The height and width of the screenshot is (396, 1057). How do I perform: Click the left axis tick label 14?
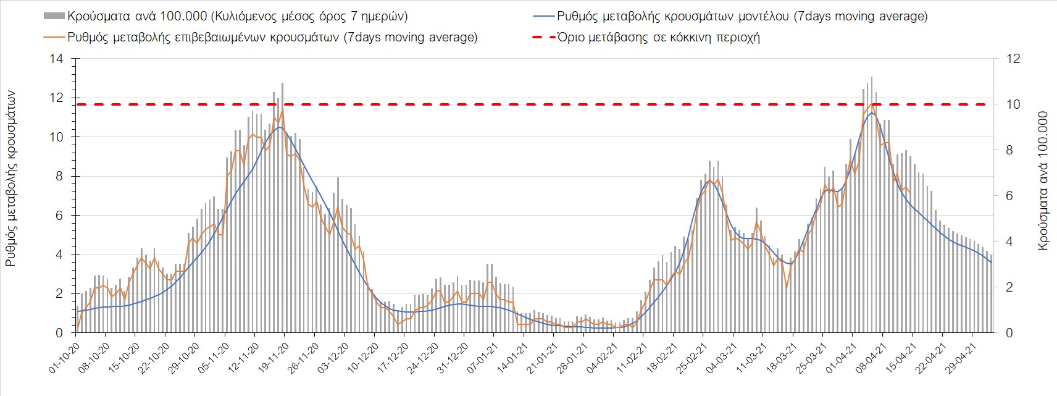click(57, 59)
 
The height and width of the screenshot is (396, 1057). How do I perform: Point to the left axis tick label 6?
click(59, 216)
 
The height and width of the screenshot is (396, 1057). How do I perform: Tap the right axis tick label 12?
click(1014, 59)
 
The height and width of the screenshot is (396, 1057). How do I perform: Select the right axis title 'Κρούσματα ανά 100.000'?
click(1043, 181)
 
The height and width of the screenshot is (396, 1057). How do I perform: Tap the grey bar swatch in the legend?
click(54, 16)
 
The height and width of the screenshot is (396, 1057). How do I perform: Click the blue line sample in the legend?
click(543, 16)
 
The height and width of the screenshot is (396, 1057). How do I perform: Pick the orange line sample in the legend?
click(54, 37)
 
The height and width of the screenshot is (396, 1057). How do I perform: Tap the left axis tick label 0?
click(59, 333)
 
